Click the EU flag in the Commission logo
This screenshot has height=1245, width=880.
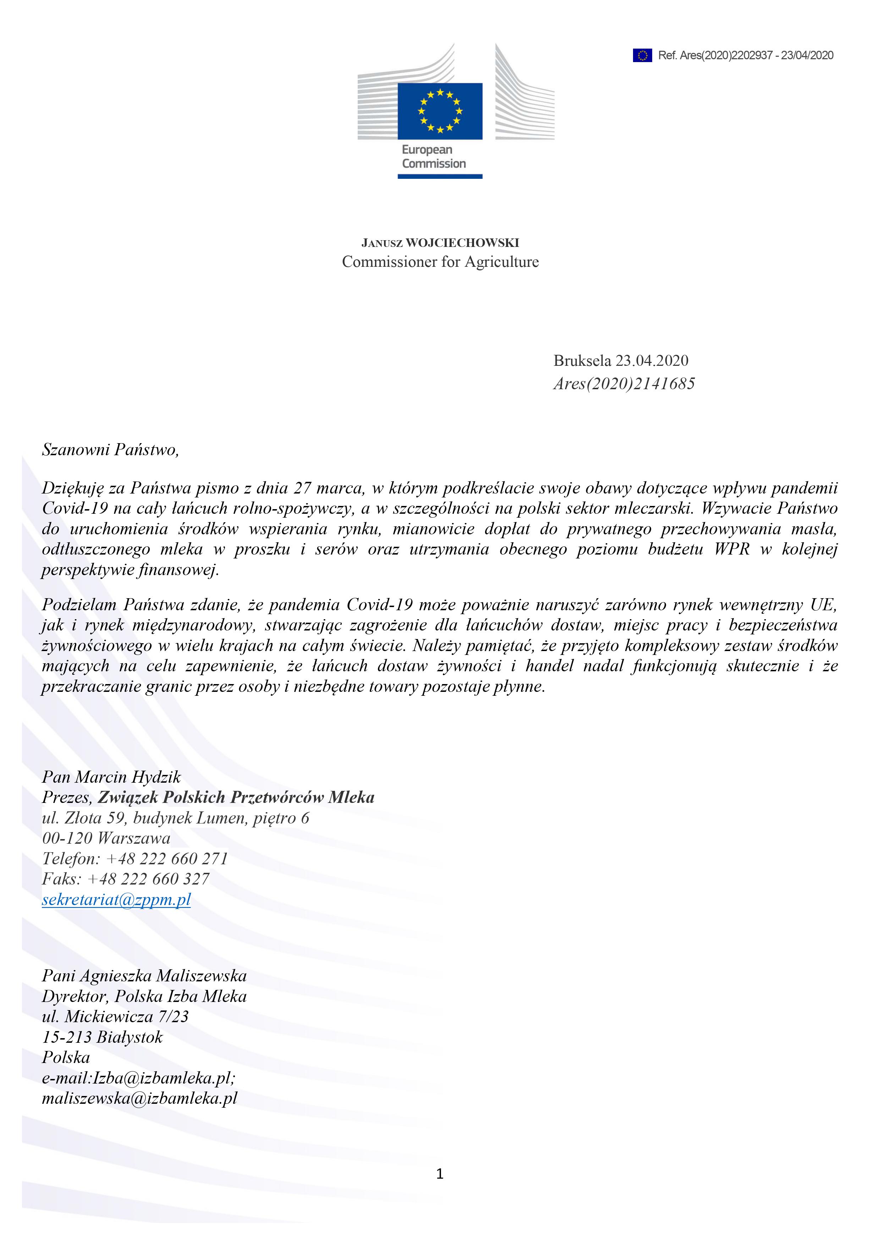(440, 111)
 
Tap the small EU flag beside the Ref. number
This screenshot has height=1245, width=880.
(642, 55)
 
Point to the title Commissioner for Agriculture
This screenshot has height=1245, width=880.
(440, 262)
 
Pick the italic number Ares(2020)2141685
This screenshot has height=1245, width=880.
(623, 384)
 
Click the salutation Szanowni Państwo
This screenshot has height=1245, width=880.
(110, 450)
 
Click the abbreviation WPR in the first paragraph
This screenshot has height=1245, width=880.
(732, 549)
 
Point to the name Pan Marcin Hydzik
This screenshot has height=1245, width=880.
(111, 777)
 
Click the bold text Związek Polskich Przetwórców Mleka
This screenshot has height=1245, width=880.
(236, 797)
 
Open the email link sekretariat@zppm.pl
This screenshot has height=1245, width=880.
(116, 899)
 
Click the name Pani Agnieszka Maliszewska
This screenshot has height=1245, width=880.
(144, 976)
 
